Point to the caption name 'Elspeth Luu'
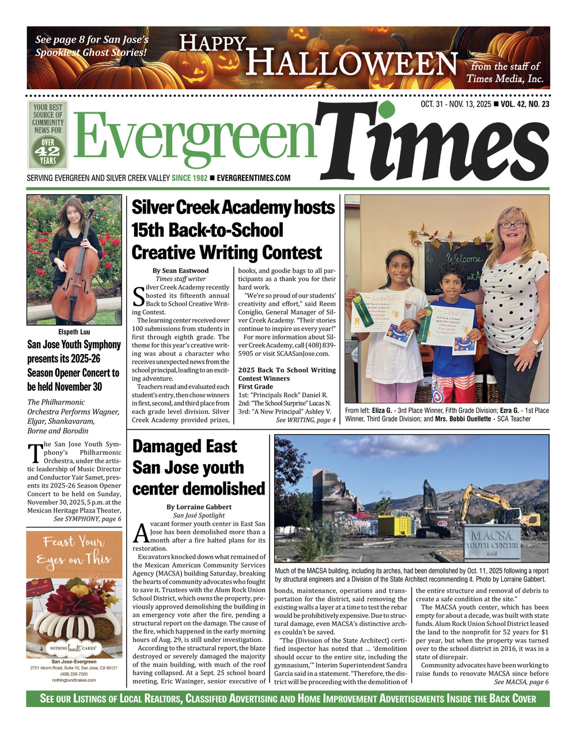click(x=74, y=332)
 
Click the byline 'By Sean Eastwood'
click(x=180, y=271)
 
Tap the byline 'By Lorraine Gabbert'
click(x=199, y=507)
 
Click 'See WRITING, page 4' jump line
click(x=305, y=420)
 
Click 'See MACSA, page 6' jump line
click(x=521, y=682)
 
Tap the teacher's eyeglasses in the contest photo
click(x=513, y=225)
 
